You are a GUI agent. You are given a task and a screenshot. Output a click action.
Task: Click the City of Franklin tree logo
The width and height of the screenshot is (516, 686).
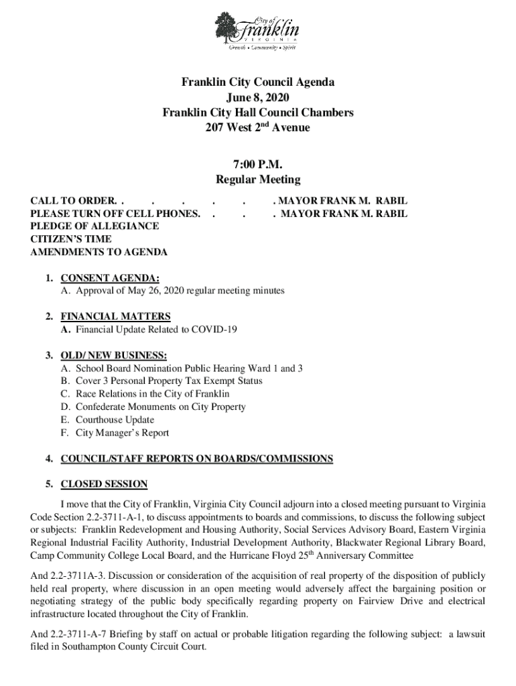pyautogui.click(x=227, y=29)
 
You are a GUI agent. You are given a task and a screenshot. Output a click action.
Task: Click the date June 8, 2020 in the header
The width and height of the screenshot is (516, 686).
pyautogui.click(x=258, y=98)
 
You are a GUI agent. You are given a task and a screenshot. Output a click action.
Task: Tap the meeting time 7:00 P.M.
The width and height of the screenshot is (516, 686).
pyautogui.click(x=258, y=165)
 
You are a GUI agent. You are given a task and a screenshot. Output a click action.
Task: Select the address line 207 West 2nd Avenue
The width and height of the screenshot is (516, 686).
pyautogui.click(x=258, y=127)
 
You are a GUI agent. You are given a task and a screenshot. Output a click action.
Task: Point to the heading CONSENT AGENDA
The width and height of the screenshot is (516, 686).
pyautogui.click(x=110, y=278)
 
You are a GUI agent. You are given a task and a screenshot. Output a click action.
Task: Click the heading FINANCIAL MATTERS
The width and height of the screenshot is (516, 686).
pyautogui.click(x=115, y=316)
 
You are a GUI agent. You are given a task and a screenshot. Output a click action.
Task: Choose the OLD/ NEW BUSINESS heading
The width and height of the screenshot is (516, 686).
pyautogui.click(x=114, y=355)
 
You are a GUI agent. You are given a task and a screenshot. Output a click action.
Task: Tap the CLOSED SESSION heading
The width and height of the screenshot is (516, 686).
pyautogui.click(x=104, y=484)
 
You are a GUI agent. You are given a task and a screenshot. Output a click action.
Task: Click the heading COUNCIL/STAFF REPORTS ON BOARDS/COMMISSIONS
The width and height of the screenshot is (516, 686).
pyautogui.click(x=196, y=459)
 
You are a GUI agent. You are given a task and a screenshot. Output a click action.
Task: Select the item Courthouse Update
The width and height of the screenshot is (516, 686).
pyautogui.click(x=115, y=420)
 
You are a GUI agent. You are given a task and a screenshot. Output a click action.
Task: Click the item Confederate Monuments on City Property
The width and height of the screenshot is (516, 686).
pyautogui.click(x=160, y=407)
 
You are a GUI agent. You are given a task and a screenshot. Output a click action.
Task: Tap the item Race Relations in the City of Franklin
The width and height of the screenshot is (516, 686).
pyautogui.click(x=152, y=394)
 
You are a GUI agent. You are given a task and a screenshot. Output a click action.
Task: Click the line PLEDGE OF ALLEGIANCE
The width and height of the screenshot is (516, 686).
pyautogui.click(x=94, y=226)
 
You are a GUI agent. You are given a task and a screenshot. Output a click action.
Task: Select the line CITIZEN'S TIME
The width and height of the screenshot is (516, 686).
pyautogui.click(x=71, y=239)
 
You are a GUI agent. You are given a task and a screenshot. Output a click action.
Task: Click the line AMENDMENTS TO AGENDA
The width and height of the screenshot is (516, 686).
pyautogui.click(x=99, y=253)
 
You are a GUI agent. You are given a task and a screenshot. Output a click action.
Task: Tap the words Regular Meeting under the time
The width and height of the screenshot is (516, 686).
pyautogui.click(x=258, y=180)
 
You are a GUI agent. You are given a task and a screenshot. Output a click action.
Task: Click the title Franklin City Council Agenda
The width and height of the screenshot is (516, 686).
pyautogui.click(x=258, y=83)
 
